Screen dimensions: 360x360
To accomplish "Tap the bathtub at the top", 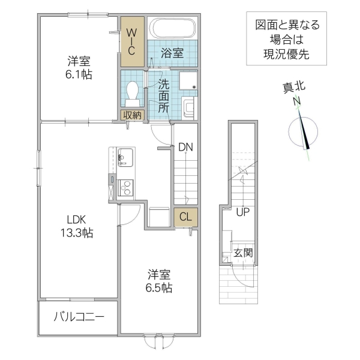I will pyautogui.click(x=173, y=29).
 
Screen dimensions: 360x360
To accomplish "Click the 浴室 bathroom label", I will pyautogui.click(x=173, y=53).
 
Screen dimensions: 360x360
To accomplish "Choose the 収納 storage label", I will pyautogui.click(x=132, y=115).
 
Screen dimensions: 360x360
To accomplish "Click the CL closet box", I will pyautogui.click(x=185, y=217).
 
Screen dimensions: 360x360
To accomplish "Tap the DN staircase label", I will pyautogui.click(x=185, y=146).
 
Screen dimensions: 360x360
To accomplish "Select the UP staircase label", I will pyautogui.click(x=242, y=212).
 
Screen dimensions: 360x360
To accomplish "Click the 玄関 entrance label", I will pyautogui.click(x=243, y=253).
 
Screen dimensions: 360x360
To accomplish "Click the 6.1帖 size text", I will pyautogui.click(x=79, y=74).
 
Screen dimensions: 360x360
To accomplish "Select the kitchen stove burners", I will pyautogui.click(x=126, y=188).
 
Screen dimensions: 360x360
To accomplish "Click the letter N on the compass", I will pyautogui.click(x=296, y=102).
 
